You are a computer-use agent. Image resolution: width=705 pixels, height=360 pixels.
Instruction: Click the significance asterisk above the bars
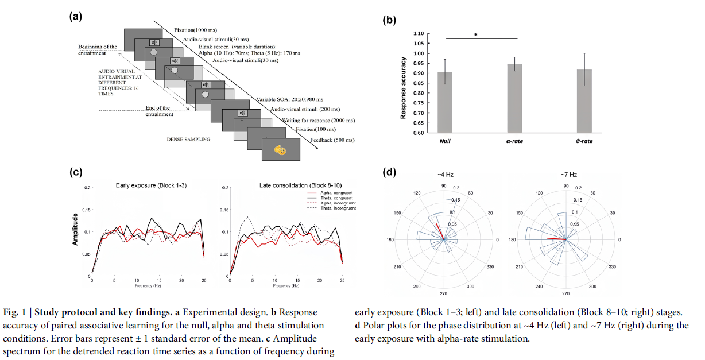coord(475,34)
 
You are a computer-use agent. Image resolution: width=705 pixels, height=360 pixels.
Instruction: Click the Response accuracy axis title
coord(404,88)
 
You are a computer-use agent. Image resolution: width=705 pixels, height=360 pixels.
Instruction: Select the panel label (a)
coord(76,17)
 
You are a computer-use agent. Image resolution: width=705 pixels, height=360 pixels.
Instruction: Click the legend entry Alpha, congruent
coord(337,194)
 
